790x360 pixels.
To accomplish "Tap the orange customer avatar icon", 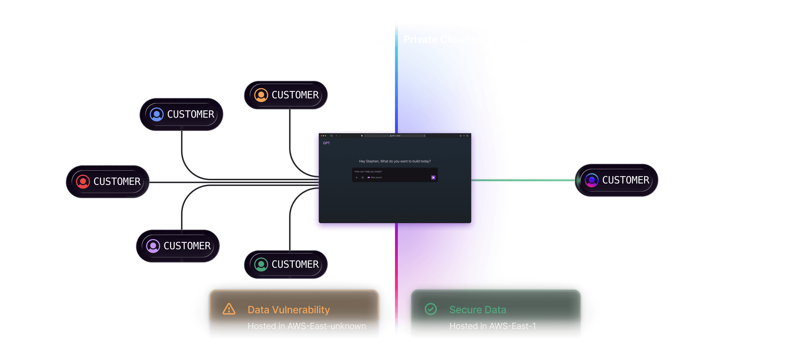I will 261,95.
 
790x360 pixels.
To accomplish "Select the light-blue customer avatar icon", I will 156,114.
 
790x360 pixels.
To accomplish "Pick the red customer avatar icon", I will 83,181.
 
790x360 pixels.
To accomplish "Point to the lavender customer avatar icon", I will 153,246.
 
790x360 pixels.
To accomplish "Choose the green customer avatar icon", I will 261,264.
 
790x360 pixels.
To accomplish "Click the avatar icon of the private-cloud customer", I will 592,180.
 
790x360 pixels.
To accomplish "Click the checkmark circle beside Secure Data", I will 431,309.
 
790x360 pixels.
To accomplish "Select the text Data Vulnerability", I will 289,310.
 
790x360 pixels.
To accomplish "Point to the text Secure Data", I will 478,310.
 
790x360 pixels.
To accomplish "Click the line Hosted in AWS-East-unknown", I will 307,326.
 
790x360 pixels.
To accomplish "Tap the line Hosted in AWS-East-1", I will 493,326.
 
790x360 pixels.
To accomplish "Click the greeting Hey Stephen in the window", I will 395,161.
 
